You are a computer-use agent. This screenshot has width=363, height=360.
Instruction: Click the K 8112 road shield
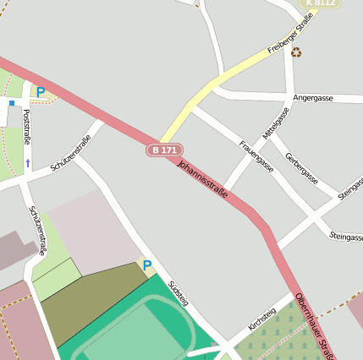coord(322,3)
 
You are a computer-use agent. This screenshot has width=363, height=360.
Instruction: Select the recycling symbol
coord(296,52)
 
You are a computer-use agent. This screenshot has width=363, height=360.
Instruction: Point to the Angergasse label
coord(312,98)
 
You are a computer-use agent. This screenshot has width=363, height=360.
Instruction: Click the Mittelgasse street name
coord(275,123)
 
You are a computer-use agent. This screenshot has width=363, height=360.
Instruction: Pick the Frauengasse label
coord(256,156)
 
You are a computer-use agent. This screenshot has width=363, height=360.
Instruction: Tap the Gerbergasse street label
coord(301,168)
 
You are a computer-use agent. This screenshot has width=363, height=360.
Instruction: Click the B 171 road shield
coord(163,150)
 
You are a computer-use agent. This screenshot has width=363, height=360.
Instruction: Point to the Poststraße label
coord(26,127)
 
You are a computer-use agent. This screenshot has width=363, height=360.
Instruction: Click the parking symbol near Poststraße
coord(40,92)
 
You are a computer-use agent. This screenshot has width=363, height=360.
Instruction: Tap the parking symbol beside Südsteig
coord(146,265)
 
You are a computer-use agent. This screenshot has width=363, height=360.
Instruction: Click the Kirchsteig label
coord(262,320)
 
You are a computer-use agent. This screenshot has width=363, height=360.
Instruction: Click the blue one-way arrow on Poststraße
coord(27,162)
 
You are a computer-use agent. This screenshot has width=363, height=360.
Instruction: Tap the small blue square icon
coord(12,103)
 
